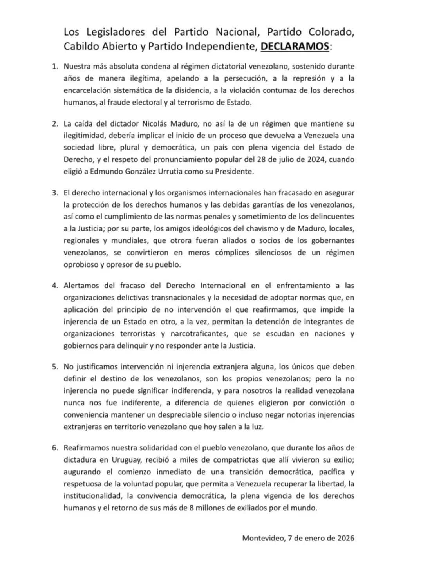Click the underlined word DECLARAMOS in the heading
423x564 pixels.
tap(295, 46)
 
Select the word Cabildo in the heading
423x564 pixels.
tap(82, 46)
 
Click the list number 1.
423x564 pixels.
tap(55, 67)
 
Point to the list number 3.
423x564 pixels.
tap(55, 193)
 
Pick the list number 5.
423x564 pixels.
tap(55, 367)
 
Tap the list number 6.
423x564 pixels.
tap(55, 448)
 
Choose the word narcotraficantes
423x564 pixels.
tap(199, 334)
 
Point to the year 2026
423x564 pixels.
tap(345, 538)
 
